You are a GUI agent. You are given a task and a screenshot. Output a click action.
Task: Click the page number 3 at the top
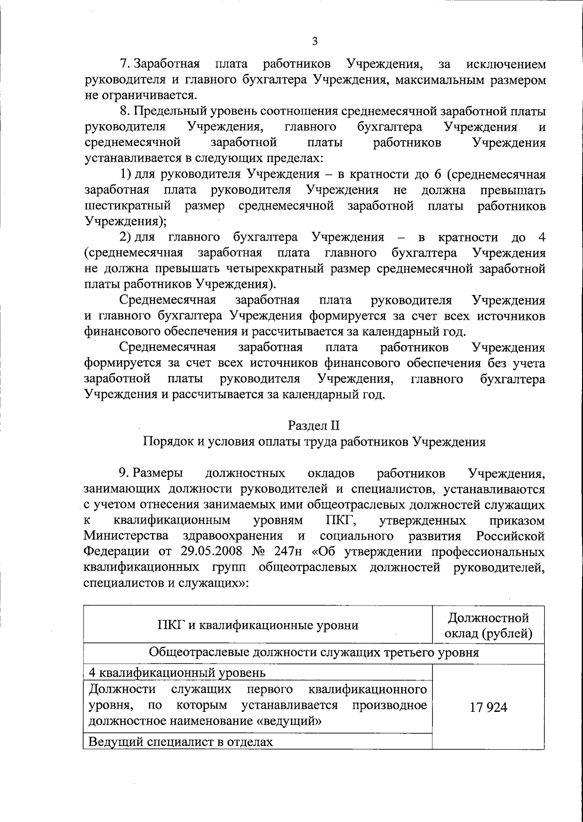314,42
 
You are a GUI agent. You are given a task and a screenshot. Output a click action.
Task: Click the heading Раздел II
314,426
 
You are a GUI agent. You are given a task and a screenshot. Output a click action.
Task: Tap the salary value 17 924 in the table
488,707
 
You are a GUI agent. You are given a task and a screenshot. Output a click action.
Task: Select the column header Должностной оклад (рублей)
488,625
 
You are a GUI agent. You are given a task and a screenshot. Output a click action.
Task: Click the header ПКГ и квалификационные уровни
258,625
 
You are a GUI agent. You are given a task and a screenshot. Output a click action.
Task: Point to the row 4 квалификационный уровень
177,673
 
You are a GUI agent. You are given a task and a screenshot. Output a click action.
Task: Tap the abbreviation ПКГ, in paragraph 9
341,521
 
